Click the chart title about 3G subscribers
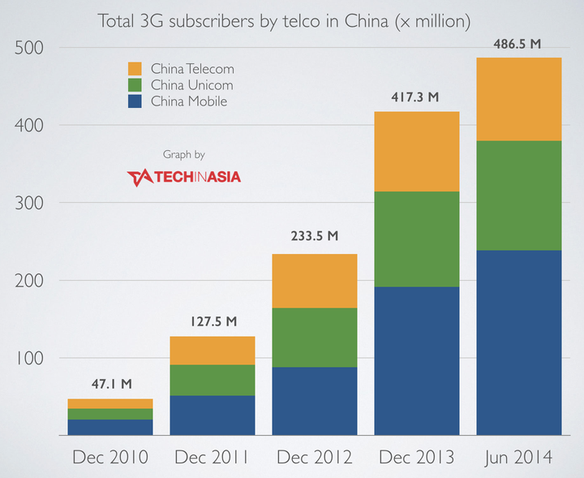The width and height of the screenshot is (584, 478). (x=284, y=21)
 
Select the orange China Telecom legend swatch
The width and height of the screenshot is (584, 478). (x=135, y=68)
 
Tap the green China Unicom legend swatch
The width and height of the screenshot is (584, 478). (x=135, y=85)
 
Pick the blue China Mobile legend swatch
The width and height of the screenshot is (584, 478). (x=135, y=101)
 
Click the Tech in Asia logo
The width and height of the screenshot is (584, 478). (x=183, y=177)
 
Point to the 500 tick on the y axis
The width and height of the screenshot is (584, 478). (x=29, y=48)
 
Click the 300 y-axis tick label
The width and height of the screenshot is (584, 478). (x=29, y=203)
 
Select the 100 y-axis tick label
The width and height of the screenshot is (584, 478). (x=30, y=358)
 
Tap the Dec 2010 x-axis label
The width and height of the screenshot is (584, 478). (x=110, y=457)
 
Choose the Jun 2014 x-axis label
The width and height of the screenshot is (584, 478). (x=519, y=458)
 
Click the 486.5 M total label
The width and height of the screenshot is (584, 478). (x=517, y=44)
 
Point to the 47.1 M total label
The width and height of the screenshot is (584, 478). (x=112, y=384)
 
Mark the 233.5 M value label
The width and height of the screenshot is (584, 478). (x=315, y=236)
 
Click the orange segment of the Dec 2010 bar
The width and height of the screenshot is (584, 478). (x=110, y=404)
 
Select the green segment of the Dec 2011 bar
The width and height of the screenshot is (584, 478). (x=213, y=380)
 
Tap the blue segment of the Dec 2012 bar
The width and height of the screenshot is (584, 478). (x=315, y=401)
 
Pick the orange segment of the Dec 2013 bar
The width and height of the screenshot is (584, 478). (x=417, y=152)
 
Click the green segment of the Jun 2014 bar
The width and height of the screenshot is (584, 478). (x=519, y=196)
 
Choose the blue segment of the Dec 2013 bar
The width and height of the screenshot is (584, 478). (x=417, y=361)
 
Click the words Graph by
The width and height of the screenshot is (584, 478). (x=184, y=155)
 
